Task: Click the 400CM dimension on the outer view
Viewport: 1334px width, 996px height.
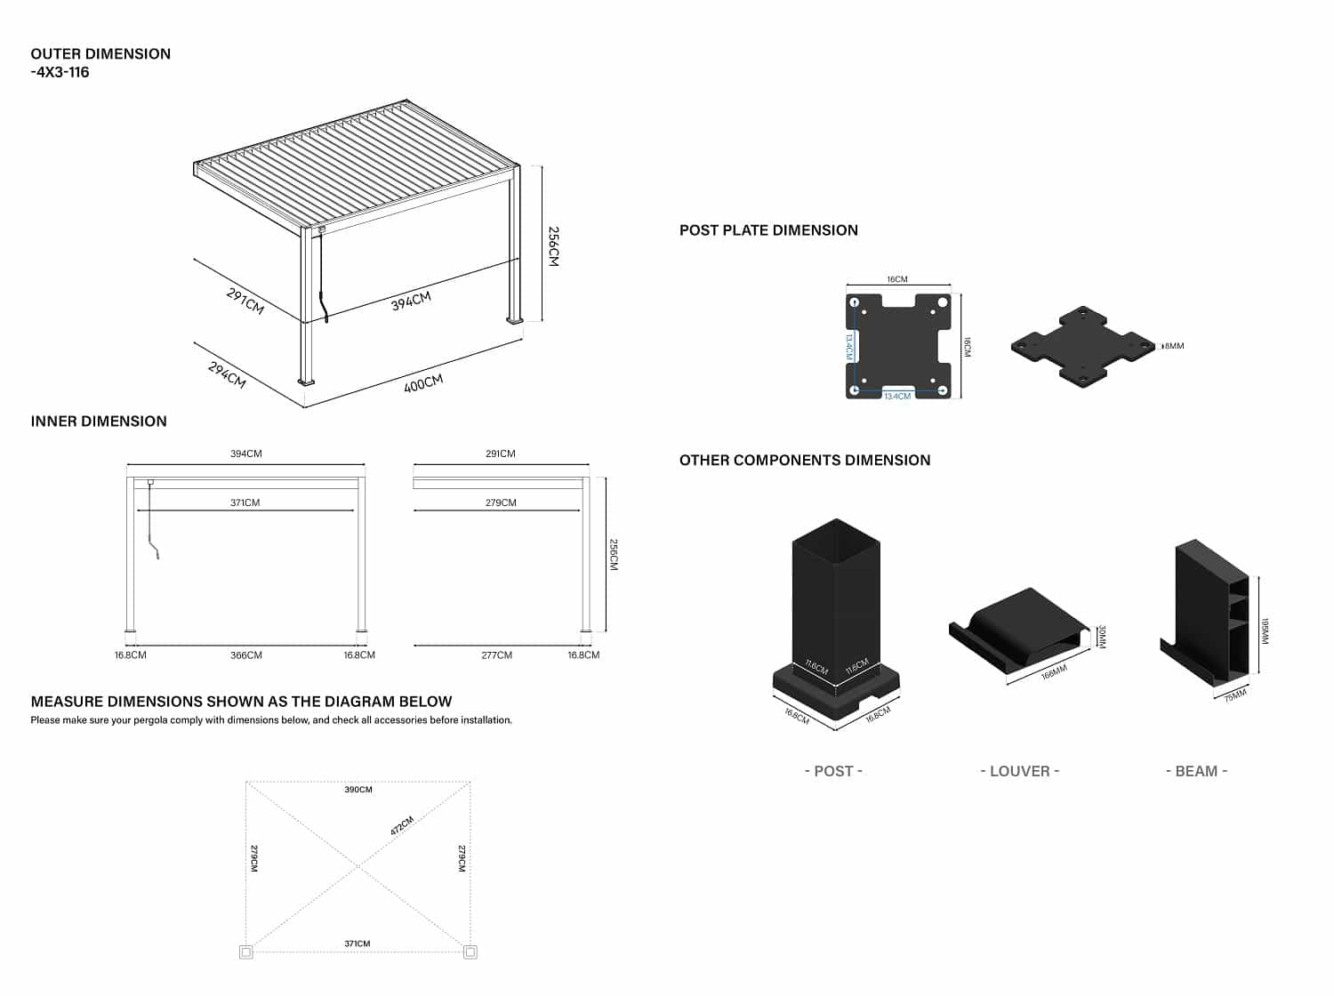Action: (x=423, y=384)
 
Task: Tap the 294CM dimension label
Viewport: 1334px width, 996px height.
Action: (x=227, y=374)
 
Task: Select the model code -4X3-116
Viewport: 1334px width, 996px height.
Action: (x=60, y=72)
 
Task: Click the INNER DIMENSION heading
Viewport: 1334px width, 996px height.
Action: (x=99, y=422)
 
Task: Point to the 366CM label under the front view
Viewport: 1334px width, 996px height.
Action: (x=246, y=655)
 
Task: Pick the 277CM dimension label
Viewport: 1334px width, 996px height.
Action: (x=496, y=655)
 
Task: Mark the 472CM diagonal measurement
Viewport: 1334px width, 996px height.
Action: (x=402, y=826)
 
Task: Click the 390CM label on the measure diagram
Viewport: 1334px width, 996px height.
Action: (x=358, y=790)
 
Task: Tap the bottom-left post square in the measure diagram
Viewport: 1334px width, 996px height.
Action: (x=246, y=952)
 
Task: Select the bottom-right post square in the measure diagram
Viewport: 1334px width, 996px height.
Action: (x=470, y=952)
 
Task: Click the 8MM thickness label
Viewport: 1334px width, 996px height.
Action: (x=1175, y=346)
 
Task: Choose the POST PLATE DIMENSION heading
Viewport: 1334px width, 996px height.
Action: (x=768, y=230)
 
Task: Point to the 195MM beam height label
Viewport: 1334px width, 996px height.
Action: (x=1265, y=631)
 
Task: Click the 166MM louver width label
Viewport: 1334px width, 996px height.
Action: (x=1054, y=672)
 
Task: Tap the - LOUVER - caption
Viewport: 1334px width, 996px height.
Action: (x=1019, y=771)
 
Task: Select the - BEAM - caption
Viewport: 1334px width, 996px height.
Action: (x=1196, y=771)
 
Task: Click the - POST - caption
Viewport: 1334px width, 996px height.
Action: (x=833, y=771)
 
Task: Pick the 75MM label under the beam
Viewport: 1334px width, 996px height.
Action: (x=1235, y=695)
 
